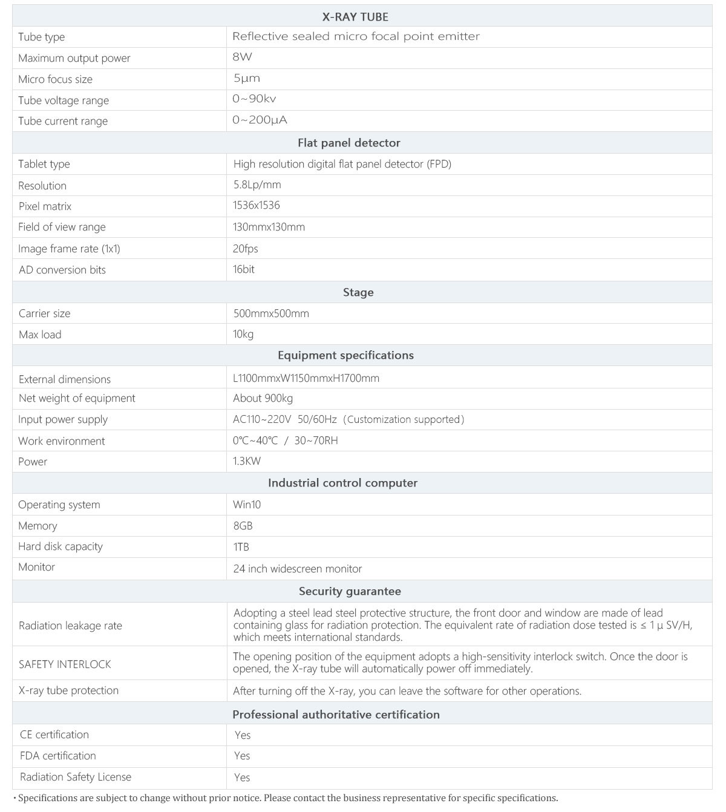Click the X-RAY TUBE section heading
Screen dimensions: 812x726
click(x=355, y=17)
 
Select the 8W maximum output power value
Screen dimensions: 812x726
click(x=242, y=57)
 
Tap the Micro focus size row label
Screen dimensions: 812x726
click(x=55, y=79)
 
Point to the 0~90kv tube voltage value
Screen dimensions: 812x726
click(x=254, y=99)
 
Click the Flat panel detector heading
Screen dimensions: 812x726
click(x=348, y=143)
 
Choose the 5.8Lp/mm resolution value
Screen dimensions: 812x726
click(x=257, y=185)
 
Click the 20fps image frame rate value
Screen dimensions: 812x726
click(x=245, y=249)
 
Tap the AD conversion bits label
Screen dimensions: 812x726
click(x=62, y=270)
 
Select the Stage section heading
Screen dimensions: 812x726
click(x=358, y=292)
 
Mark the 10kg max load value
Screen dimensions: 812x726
click(x=243, y=335)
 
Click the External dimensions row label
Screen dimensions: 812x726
click(x=65, y=379)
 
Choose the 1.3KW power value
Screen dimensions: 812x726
click(x=247, y=461)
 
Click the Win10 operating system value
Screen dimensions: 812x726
click(x=247, y=505)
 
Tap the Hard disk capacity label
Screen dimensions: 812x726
click(x=60, y=546)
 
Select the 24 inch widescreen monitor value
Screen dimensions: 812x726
click(x=298, y=569)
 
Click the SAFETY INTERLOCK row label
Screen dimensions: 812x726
click(x=65, y=664)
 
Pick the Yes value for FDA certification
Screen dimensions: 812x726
click(x=242, y=756)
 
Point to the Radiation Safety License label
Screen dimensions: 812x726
click(x=76, y=777)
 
